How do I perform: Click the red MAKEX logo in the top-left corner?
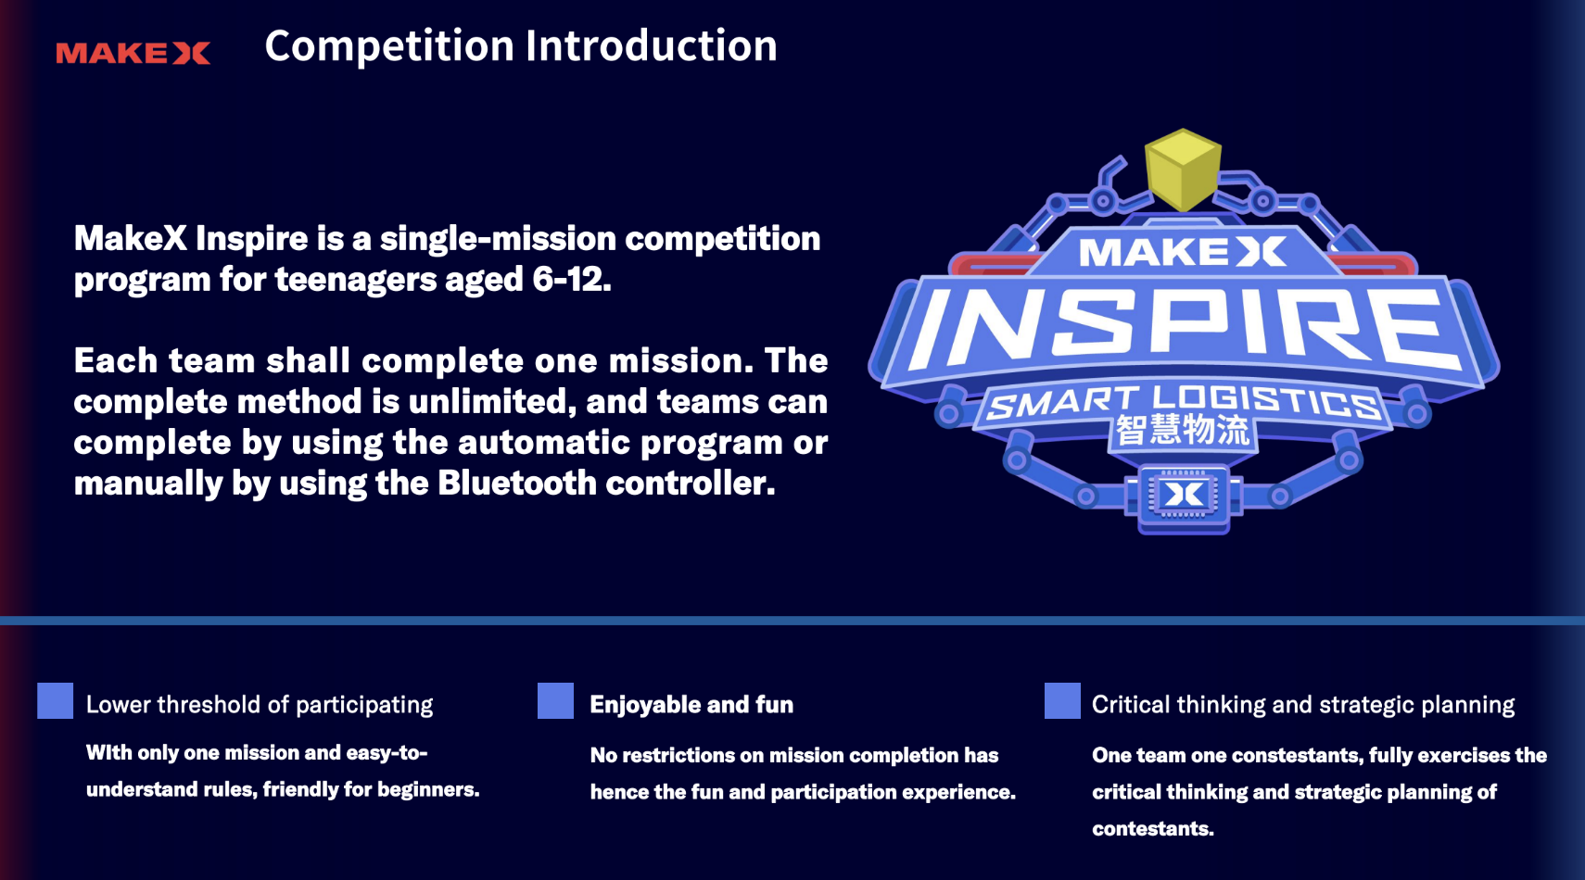coord(133,53)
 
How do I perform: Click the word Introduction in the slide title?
coord(651,45)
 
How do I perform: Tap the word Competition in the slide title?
coord(389,47)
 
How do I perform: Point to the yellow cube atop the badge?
coord(1183,170)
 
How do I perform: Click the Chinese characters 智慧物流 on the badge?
coord(1183,431)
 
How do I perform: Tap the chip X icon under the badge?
coord(1183,495)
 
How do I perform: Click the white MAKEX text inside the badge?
coord(1183,253)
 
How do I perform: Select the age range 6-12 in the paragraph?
coord(571,279)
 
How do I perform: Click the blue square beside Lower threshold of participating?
coord(56,701)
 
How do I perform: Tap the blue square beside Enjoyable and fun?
coord(555,701)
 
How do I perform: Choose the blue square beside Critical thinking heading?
coord(1062,701)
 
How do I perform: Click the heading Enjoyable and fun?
coord(691,705)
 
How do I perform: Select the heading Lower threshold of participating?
coord(259,705)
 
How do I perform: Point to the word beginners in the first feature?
coord(427,789)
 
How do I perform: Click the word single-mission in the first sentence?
coord(498,238)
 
